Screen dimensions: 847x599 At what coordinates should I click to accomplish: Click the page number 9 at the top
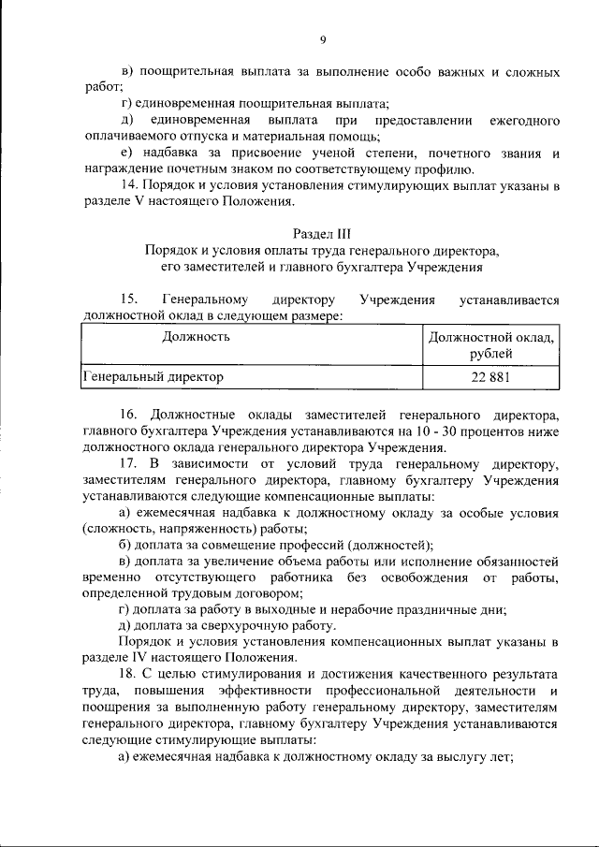321,39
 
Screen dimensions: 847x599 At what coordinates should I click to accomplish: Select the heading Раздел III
321,232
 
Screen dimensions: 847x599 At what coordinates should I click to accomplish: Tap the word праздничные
446,608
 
